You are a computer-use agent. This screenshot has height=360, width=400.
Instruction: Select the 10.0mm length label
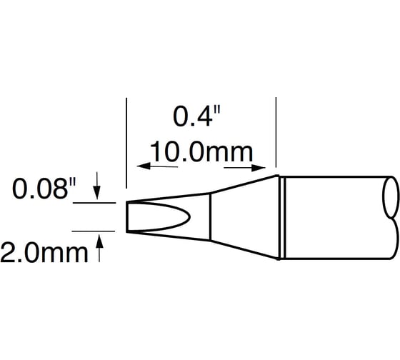pyautogui.click(x=201, y=152)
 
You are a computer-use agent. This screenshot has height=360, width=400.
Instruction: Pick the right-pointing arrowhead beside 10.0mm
pyautogui.click(x=259, y=169)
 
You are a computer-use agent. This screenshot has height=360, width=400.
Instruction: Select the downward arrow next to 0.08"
pyautogui.click(x=98, y=191)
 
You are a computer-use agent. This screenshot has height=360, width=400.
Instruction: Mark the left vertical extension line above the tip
pyautogui.click(x=126, y=143)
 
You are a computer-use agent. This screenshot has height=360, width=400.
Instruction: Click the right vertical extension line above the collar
pyautogui.click(x=276, y=136)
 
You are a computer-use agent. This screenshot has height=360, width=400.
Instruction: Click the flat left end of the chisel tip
pyautogui.click(x=128, y=218)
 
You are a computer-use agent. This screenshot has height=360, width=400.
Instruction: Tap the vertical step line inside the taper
pyautogui.click(x=210, y=218)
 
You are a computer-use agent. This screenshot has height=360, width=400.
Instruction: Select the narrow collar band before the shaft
pyautogui.click(x=281, y=218)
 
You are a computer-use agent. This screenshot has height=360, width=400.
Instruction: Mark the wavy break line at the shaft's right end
pyautogui.click(x=391, y=218)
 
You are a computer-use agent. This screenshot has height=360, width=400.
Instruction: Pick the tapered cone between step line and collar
pyautogui.click(x=243, y=218)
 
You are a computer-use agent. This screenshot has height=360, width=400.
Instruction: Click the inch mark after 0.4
pyautogui.click(x=216, y=109)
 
